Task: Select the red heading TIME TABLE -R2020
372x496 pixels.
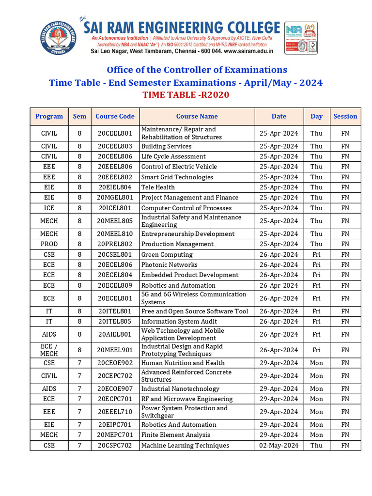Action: click(186, 95)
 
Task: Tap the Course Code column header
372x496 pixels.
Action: click(115, 116)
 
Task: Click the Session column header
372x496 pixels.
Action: click(345, 116)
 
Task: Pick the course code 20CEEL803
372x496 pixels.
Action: click(115, 146)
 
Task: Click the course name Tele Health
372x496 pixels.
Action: click(158, 187)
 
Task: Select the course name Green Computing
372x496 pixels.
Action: click(167, 255)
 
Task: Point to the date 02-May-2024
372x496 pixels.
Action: click(279, 446)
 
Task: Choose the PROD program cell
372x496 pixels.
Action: click(49, 244)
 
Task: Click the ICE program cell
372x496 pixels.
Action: click(49, 208)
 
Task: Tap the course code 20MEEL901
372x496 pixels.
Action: click(115, 350)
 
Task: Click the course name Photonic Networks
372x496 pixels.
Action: click(169, 265)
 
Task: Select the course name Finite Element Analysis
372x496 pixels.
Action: click(175, 435)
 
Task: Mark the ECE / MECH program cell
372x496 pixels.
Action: click(49, 350)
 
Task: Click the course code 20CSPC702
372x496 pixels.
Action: click(115, 446)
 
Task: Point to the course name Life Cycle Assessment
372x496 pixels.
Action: click(173, 156)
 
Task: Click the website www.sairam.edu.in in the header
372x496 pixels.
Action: click(248, 51)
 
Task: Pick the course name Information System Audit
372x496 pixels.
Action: click(179, 322)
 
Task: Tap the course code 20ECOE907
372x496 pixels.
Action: click(115, 389)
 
